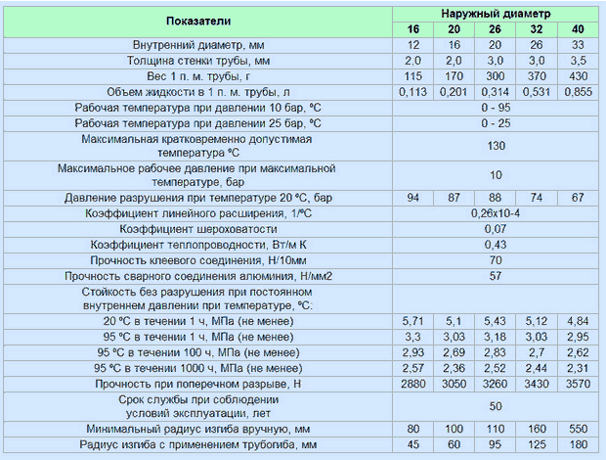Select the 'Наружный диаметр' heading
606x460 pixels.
[x=496, y=14]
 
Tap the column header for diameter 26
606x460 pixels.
[x=496, y=29]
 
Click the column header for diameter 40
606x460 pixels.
[x=578, y=29]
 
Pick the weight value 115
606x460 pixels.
[x=412, y=75]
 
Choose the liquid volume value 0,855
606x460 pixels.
[x=578, y=91]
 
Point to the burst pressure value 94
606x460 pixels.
[x=412, y=198]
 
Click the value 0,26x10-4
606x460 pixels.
[x=496, y=213]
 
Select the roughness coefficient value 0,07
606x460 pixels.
[x=496, y=228]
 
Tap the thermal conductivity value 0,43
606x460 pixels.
[x=496, y=244]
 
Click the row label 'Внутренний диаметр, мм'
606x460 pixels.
[x=198, y=45]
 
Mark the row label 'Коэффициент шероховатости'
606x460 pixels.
[x=198, y=228]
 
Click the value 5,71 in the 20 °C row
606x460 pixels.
[x=412, y=321]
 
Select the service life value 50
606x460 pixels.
[x=496, y=405]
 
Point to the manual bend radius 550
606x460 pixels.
[x=578, y=429]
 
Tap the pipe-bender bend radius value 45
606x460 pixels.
[x=412, y=444]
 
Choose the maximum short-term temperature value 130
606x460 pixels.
[x=496, y=145]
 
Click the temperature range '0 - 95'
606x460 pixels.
[x=496, y=107]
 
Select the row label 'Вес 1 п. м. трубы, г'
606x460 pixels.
[x=198, y=75]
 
